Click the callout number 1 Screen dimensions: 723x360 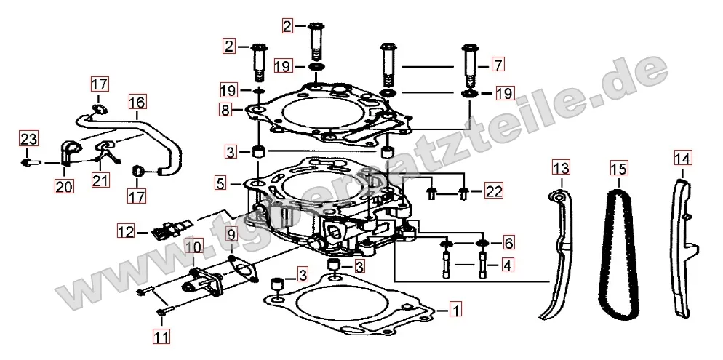click(455, 310)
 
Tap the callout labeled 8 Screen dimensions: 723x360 click(225, 110)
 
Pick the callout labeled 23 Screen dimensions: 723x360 click(28, 138)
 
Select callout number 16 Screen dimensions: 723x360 click(137, 101)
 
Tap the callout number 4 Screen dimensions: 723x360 click(507, 265)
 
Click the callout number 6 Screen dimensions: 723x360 click(508, 242)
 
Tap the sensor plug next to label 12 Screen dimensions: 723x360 click(169, 228)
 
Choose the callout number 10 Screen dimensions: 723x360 click(194, 247)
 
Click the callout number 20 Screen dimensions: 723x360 click(64, 185)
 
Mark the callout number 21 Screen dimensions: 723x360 click(100, 180)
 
